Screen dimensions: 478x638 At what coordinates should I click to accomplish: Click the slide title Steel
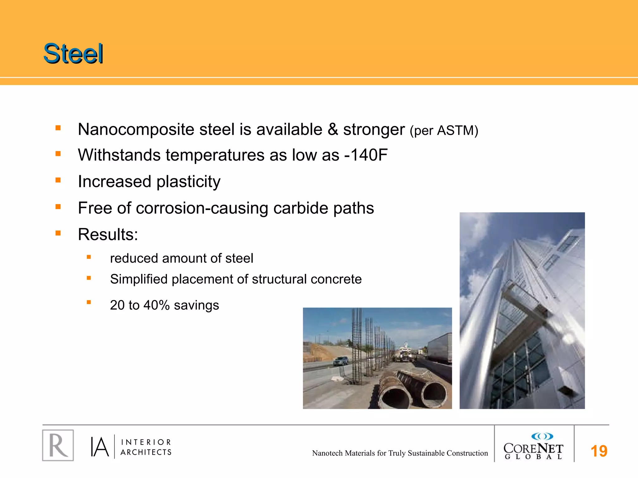(73, 54)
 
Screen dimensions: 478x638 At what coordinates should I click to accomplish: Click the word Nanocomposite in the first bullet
(136, 129)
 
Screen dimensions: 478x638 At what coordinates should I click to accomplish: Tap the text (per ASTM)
(444, 131)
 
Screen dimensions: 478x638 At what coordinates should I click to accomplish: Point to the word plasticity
(188, 182)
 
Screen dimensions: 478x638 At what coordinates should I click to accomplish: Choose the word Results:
(108, 234)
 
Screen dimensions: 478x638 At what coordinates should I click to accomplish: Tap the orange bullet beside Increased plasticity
(58, 180)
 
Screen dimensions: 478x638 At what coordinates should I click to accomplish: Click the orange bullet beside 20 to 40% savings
(89, 302)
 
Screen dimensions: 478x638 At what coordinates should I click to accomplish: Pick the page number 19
(599, 451)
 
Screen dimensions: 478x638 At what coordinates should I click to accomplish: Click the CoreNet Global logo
(533, 446)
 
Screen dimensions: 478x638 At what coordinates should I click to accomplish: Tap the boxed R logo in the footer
(58, 445)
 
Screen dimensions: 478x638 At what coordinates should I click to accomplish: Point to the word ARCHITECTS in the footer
(146, 452)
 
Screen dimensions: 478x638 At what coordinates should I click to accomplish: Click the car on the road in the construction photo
(341, 361)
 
